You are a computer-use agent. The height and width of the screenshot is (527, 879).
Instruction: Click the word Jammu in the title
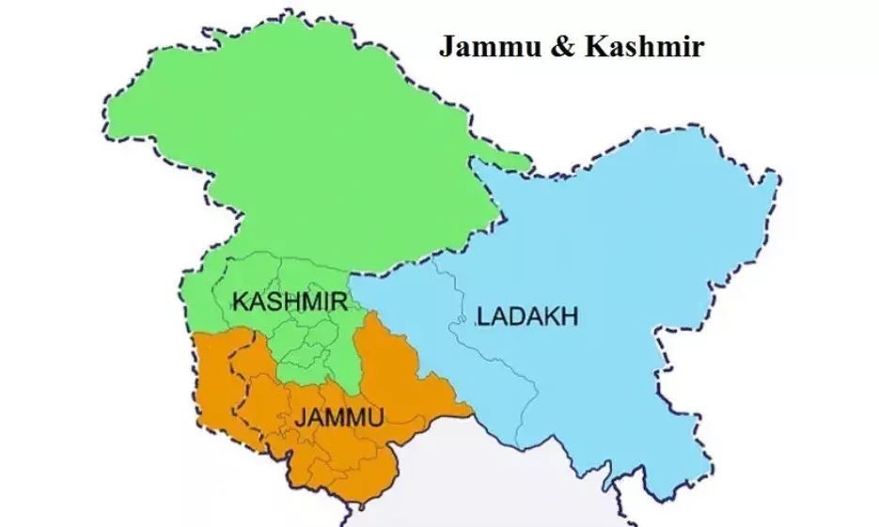pos(488,47)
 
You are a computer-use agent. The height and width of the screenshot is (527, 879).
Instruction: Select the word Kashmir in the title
pos(642,47)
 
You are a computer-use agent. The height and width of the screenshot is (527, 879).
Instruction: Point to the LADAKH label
pos(527,317)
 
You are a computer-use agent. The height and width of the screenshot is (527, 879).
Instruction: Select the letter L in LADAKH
pos(483,317)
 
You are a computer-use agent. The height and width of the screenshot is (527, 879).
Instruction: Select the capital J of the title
pos(447,47)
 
